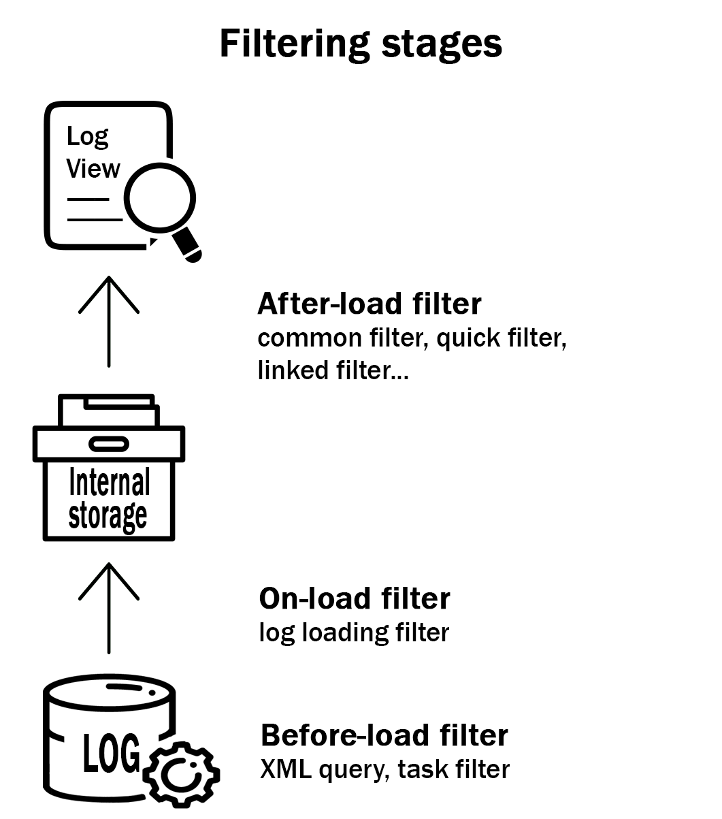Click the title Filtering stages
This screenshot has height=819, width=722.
pos(361,44)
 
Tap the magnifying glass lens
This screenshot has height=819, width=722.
pos(161,199)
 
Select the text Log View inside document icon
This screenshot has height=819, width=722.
pos(93,152)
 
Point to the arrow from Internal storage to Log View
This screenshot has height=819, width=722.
pos(109,320)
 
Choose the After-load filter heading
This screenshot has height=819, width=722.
pos(369,304)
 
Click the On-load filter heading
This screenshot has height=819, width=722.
pos(354,598)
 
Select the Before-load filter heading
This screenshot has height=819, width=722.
pos(384,736)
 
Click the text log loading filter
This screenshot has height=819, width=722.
pos(354,632)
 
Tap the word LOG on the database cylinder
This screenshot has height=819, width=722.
pos(111,754)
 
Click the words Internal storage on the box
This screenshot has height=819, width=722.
pos(109,499)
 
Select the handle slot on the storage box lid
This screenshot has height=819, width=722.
pos(109,445)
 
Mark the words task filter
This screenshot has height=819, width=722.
pos(453,770)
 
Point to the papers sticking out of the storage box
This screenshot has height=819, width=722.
pos(109,411)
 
